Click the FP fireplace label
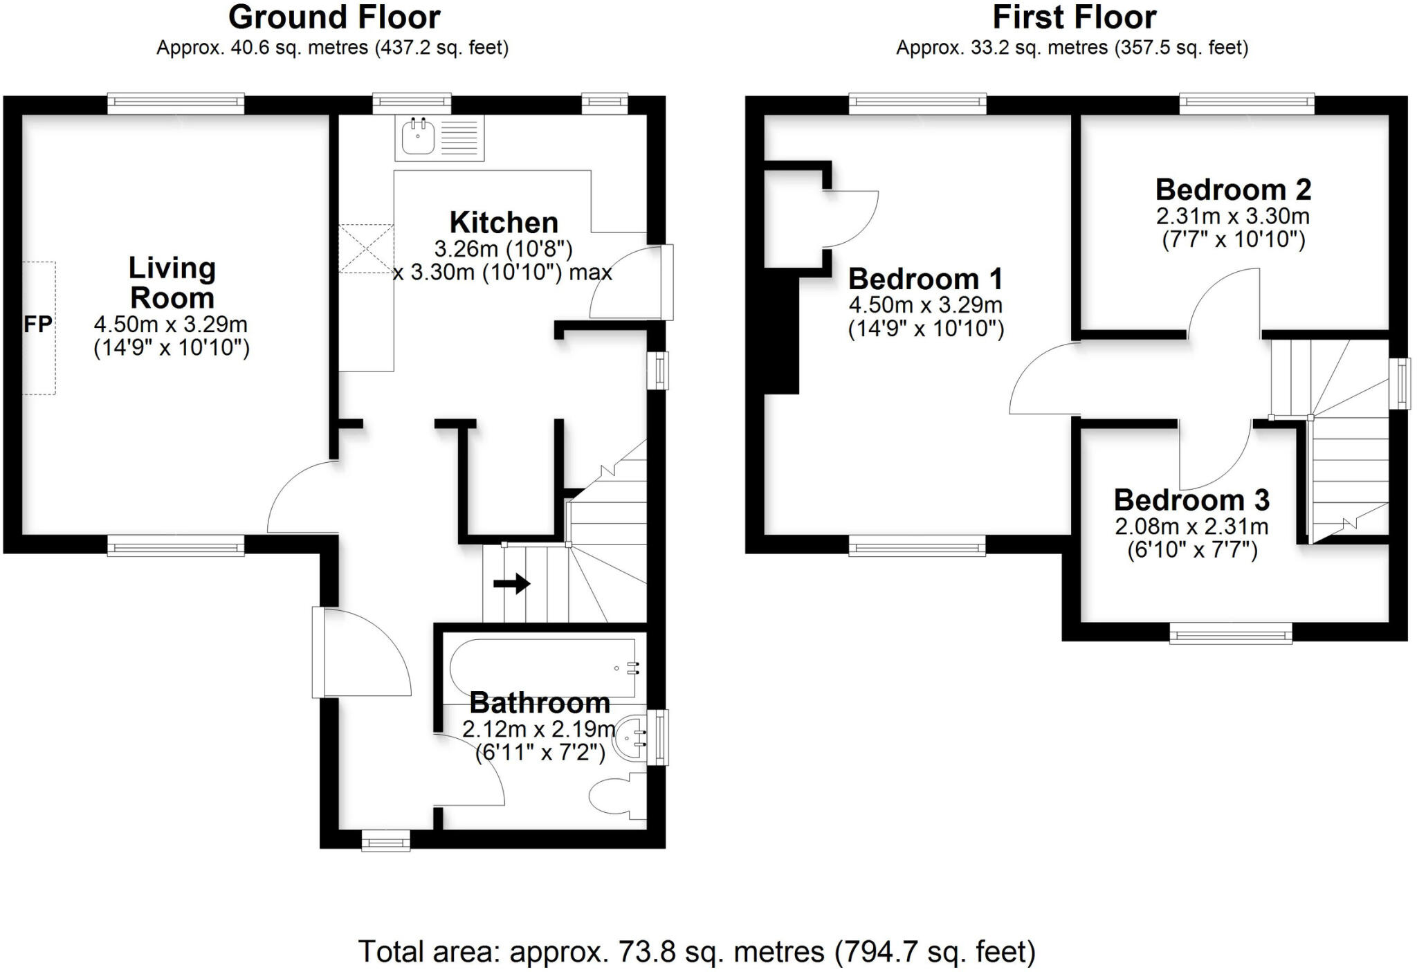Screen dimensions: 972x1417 point(38,324)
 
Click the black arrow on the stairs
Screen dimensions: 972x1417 point(511,583)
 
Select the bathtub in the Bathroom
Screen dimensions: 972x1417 point(543,668)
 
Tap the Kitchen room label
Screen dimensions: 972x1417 point(504,223)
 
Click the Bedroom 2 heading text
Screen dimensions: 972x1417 point(1233,190)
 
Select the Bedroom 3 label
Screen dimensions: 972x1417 point(1191,499)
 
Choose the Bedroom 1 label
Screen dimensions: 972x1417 point(925,279)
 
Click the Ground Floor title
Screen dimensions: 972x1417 point(334,17)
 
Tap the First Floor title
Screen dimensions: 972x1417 point(1074,17)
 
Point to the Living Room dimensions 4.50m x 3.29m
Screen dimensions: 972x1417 point(171,324)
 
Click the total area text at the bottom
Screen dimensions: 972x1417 point(696,952)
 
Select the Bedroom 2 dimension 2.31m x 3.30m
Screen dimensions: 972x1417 point(1232,217)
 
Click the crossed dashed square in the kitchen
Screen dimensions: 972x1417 point(366,248)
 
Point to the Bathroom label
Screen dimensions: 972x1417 point(540,703)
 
